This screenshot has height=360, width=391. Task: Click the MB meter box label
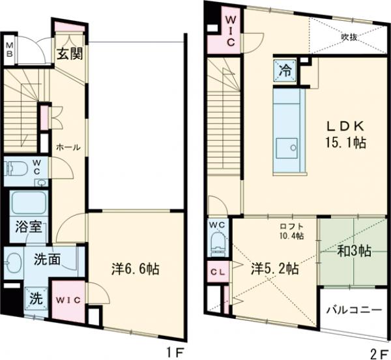click(x=9, y=50)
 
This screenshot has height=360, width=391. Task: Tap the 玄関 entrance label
click(x=70, y=53)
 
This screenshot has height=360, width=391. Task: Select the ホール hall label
click(x=68, y=147)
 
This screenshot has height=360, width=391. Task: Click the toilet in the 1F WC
click(x=17, y=167)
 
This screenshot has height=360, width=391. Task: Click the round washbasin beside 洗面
click(x=13, y=263)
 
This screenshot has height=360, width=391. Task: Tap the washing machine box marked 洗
click(x=36, y=299)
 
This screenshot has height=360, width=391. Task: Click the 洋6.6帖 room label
click(x=136, y=269)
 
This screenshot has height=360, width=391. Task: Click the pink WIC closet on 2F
click(x=225, y=31)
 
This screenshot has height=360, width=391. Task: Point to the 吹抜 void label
click(x=349, y=37)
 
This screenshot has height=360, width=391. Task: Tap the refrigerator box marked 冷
click(x=285, y=71)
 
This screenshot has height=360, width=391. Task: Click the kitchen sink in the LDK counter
click(x=287, y=147)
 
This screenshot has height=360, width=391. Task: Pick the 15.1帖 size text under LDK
click(x=345, y=143)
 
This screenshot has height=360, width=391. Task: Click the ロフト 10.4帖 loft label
click(x=291, y=232)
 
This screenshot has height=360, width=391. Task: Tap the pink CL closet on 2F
click(x=218, y=272)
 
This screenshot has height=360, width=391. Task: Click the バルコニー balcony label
click(x=355, y=310)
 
